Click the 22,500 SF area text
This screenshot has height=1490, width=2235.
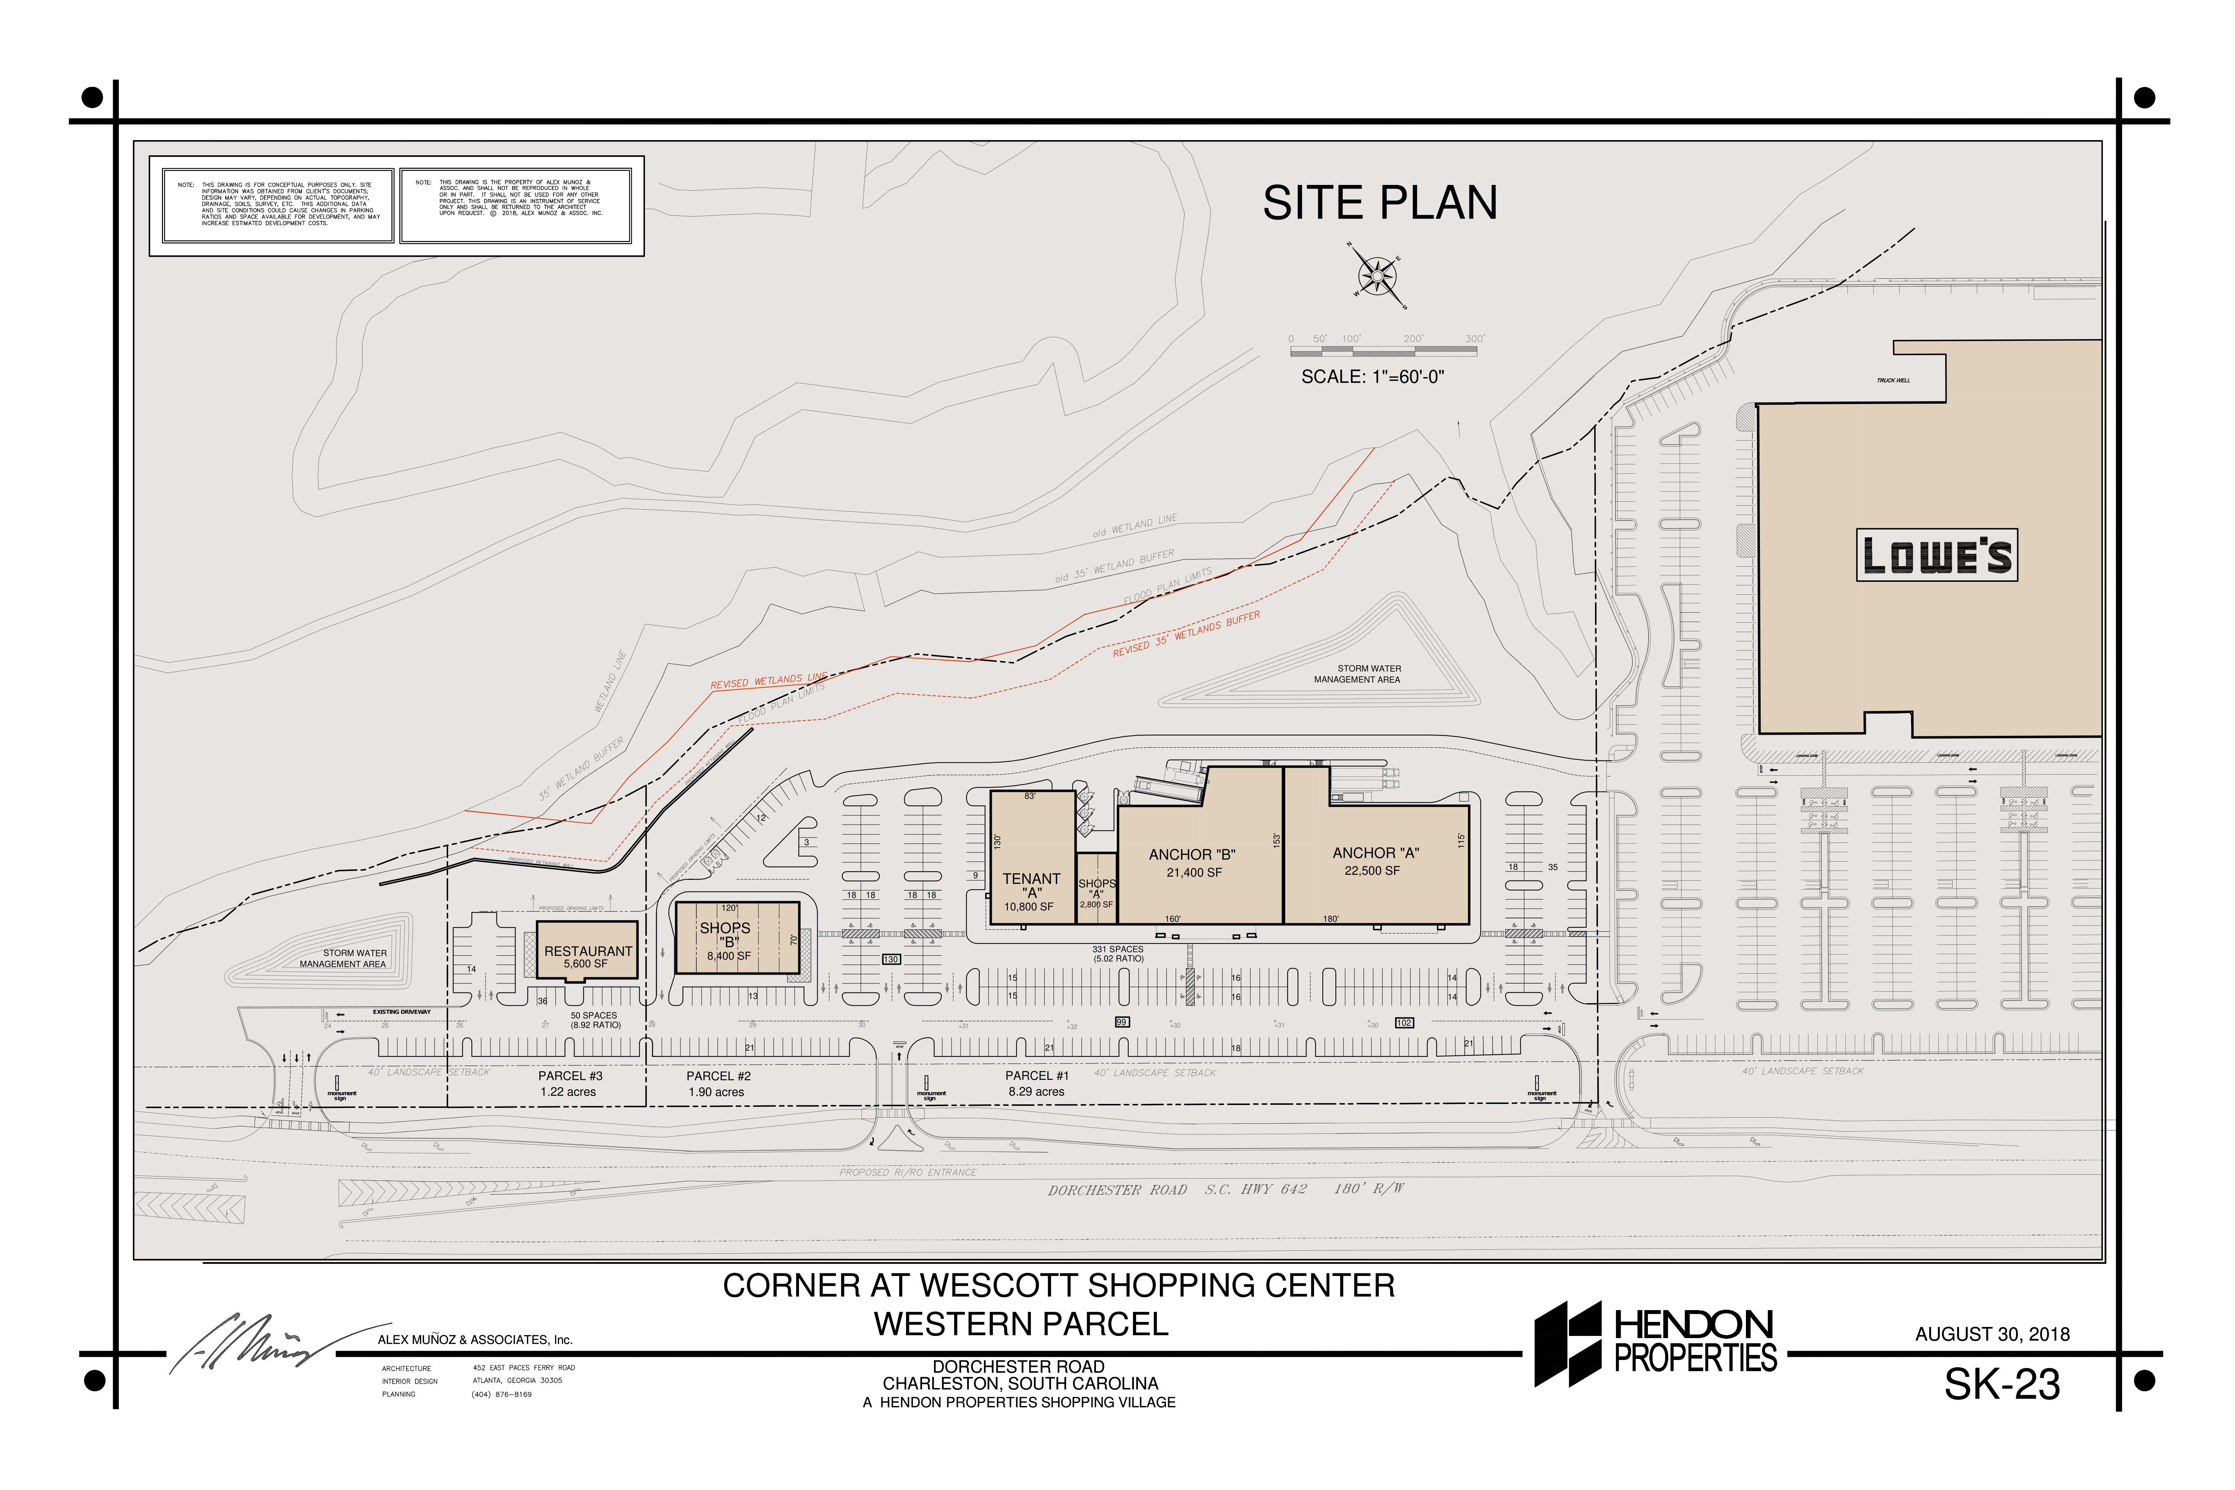[1371, 871]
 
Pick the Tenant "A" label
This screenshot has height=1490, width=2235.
[1031, 886]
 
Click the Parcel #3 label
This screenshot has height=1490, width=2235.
[570, 1076]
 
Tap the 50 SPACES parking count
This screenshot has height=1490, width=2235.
[594, 1016]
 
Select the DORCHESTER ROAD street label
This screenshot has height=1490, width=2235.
[1117, 1190]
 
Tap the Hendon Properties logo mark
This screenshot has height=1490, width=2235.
[1568, 1343]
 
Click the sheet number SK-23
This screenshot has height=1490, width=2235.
[2001, 1384]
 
